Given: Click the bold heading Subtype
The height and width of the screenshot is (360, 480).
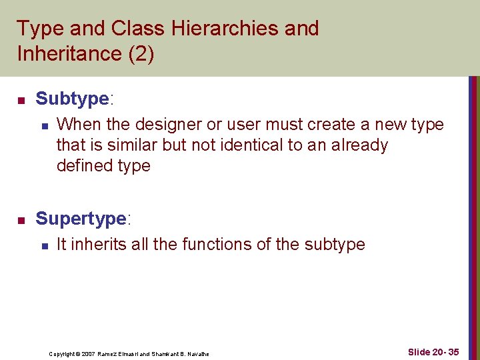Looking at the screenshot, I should point(71,99).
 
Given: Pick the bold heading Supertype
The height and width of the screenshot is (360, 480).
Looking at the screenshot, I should point(81,219).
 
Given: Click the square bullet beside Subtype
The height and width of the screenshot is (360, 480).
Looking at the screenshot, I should point(21,101).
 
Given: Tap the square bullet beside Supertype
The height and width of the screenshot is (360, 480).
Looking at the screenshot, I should point(21,220).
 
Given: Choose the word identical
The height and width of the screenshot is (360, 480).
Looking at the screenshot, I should point(256,145).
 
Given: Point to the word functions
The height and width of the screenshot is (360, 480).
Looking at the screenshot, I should point(216,245).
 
